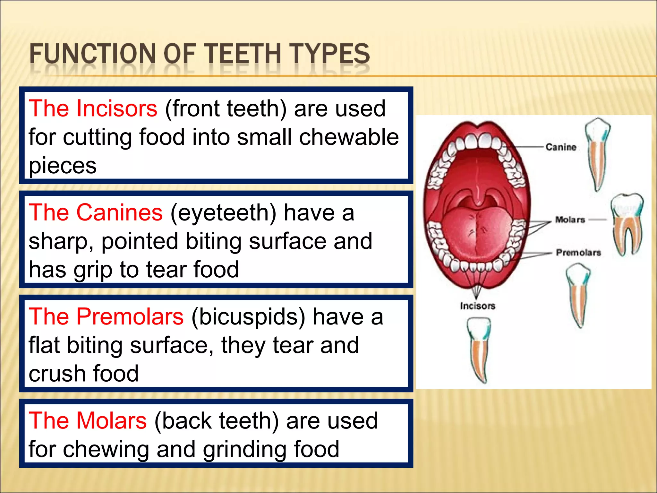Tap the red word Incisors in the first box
pyautogui.click(x=117, y=108)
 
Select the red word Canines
pyautogui.click(x=119, y=212)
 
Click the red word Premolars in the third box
pyautogui.click(x=130, y=316)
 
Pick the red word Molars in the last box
pyautogui.click(x=111, y=420)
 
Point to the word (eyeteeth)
pyautogui.click(x=223, y=213)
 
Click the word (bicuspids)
pyautogui.click(x=248, y=317)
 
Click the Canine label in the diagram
pyautogui.click(x=561, y=147)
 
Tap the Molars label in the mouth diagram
pyautogui.click(x=570, y=220)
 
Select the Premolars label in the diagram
pyautogui.click(x=578, y=253)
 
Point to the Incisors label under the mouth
pyautogui.click(x=478, y=306)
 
